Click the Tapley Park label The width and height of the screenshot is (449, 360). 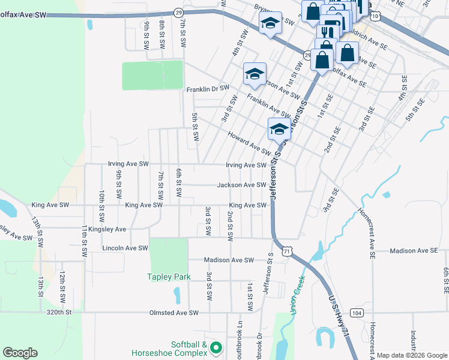[x=169, y=277]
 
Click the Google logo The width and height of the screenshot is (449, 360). [x=20, y=353]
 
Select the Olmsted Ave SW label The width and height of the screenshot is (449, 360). [x=174, y=313]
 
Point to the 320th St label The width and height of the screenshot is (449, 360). [x=59, y=313]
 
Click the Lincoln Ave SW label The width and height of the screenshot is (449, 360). [x=125, y=248]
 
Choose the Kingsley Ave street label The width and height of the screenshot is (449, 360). [x=107, y=229]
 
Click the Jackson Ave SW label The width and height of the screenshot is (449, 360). [x=241, y=185]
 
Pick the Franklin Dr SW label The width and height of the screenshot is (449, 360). [x=208, y=89]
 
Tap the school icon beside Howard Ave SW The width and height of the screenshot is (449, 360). [x=279, y=129]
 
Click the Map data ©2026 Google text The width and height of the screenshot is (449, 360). [x=411, y=355]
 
